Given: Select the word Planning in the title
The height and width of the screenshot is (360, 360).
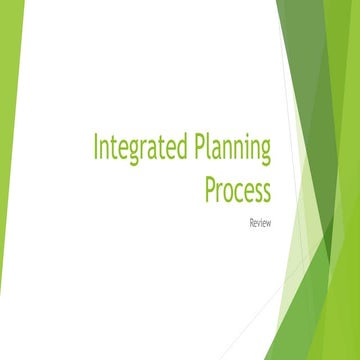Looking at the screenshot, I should point(230,150).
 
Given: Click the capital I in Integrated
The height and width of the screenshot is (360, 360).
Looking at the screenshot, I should point(97,148).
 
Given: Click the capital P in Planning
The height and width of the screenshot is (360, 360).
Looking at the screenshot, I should point(194,148).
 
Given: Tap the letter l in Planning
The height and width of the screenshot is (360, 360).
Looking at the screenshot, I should point(204,147).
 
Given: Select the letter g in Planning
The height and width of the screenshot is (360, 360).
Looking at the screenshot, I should point(264,153).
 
